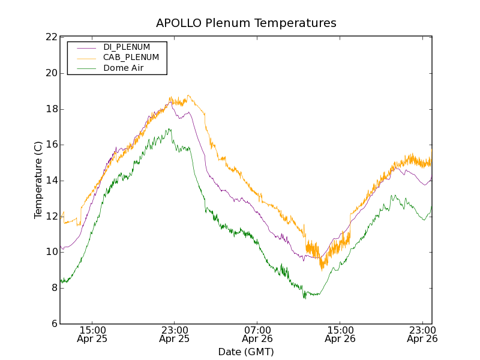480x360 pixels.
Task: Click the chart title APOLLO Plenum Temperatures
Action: click(246, 23)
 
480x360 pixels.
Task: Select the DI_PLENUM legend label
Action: click(127, 47)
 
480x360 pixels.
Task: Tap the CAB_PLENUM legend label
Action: click(131, 58)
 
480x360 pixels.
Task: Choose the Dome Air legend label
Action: click(123, 68)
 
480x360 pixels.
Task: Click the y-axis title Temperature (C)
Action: click(38, 180)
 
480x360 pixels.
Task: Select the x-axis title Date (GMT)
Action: click(246, 352)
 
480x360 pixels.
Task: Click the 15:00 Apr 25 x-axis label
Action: click(92, 334)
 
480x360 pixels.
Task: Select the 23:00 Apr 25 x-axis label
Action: click(174, 334)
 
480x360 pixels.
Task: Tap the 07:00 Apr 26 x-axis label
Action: click(257, 334)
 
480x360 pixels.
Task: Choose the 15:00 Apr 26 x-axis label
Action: click(340, 334)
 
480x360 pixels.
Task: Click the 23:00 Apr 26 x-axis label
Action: click(422, 334)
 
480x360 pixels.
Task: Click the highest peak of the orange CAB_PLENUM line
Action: click(188, 95)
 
